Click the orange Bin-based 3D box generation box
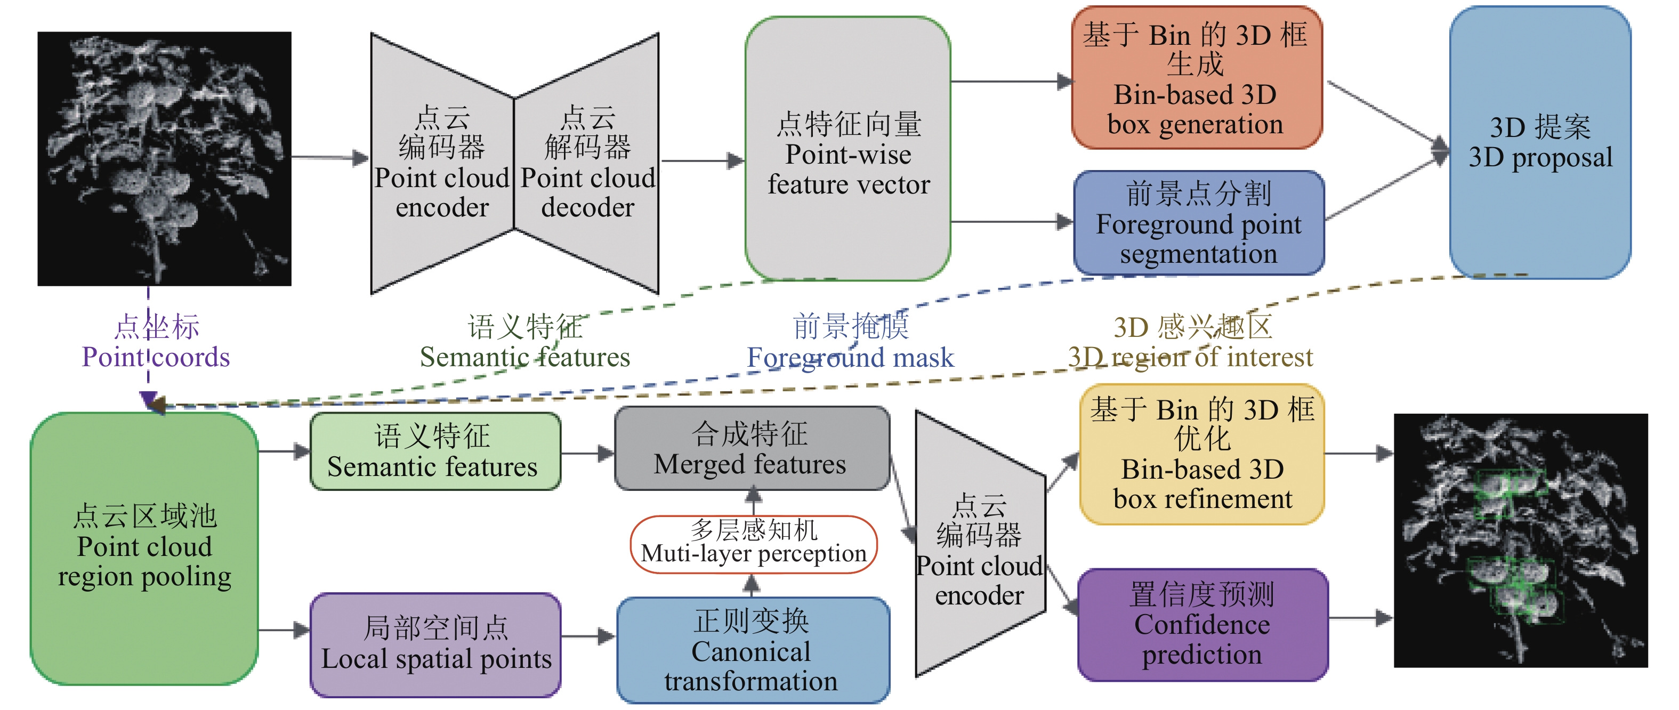(x=1197, y=78)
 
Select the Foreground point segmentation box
(x=1198, y=223)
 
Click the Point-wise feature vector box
(x=847, y=150)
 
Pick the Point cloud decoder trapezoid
(x=587, y=163)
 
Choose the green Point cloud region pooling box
(x=144, y=547)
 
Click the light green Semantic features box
(x=435, y=451)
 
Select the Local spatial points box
(x=435, y=644)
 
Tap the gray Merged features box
(x=752, y=449)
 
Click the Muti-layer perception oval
(x=754, y=544)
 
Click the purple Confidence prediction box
(x=1202, y=625)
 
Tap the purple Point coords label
(x=156, y=342)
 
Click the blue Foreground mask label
(x=850, y=342)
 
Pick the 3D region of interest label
(x=1190, y=342)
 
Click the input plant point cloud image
(x=164, y=158)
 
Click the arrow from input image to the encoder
(x=330, y=158)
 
